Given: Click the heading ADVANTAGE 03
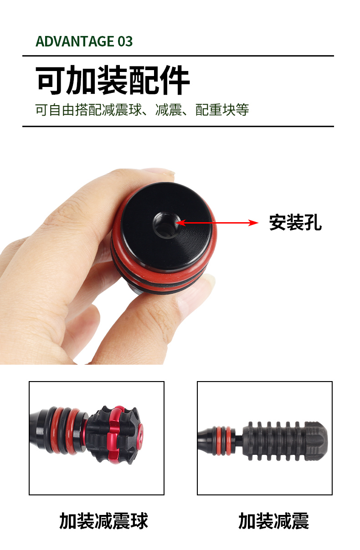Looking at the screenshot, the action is [84, 41].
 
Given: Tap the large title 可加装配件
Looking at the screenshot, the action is [113, 80].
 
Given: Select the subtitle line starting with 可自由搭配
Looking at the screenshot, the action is [142, 110].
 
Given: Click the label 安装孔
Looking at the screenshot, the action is [295, 223].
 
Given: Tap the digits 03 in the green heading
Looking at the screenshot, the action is [125, 41].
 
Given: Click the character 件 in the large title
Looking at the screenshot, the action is [174, 80].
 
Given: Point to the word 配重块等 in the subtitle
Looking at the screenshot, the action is [222, 110].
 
